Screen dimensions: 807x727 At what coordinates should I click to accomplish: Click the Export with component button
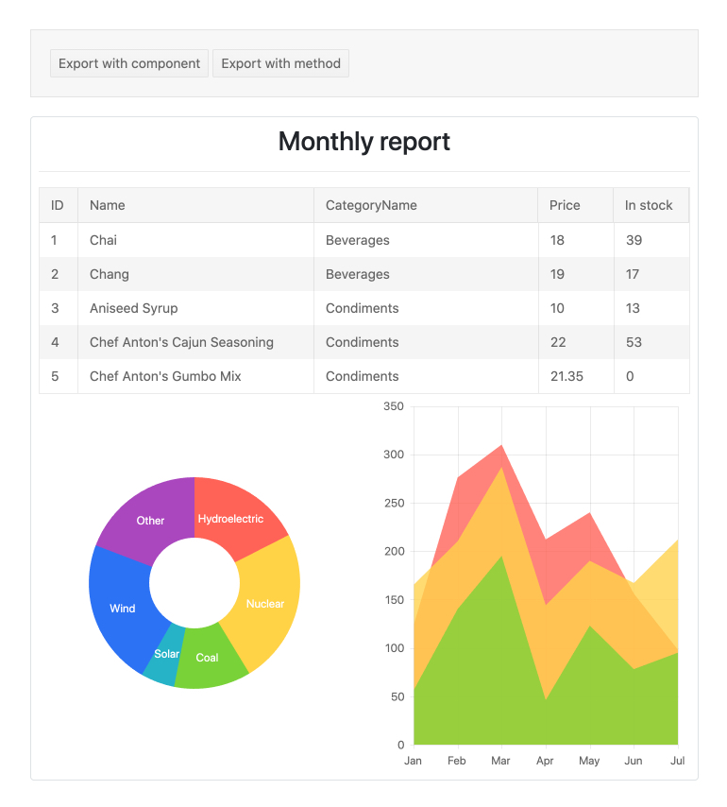coord(129,63)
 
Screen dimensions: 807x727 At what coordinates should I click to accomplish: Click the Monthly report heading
coord(363,142)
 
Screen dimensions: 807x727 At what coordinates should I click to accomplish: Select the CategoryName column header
coord(371,205)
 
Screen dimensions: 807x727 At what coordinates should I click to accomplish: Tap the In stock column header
coord(649,205)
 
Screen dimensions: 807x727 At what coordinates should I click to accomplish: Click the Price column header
coord(565,205)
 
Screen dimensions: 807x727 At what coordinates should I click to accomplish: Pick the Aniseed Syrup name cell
coord(133,308)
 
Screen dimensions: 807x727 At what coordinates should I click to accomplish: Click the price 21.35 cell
coord(566,376)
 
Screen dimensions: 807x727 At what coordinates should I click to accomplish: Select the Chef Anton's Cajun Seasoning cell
coord(181,342)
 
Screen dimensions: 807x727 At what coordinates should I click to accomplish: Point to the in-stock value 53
coord(634,342)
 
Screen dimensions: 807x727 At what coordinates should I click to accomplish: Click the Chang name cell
coord(110,274)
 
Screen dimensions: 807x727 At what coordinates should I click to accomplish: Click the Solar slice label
coord(166,654)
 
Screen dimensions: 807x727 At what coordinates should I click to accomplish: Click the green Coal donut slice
coord(209,658)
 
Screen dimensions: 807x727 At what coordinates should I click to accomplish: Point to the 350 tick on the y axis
coord(393,407)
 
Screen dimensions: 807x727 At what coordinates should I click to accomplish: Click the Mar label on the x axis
coord(500,761)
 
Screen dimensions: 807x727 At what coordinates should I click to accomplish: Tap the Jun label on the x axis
coord(634,761)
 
